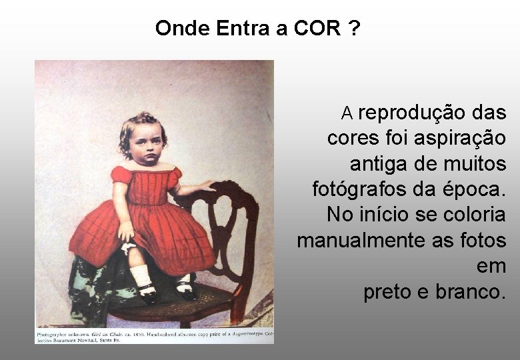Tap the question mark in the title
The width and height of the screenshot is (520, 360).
click(x=355, y=29)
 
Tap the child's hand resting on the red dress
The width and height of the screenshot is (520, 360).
click(x=126, y=231)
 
